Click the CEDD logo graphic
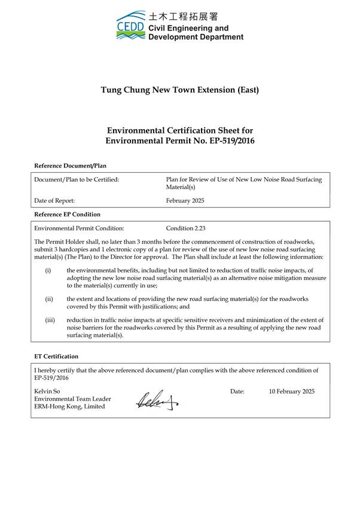[130, 26]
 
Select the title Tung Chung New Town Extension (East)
[179, 90]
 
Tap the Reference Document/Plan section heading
[70, 165]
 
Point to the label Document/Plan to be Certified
[77, 179]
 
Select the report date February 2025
[185, 201]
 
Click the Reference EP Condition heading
[68, 214]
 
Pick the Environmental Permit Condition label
[80, 228]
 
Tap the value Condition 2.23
[186, 228]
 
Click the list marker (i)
[48, 270]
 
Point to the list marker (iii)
[50, 320]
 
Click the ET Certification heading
[56, 356]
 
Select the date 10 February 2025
[291, 391]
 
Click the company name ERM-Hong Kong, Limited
[69, 407]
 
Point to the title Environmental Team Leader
[72, 399]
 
